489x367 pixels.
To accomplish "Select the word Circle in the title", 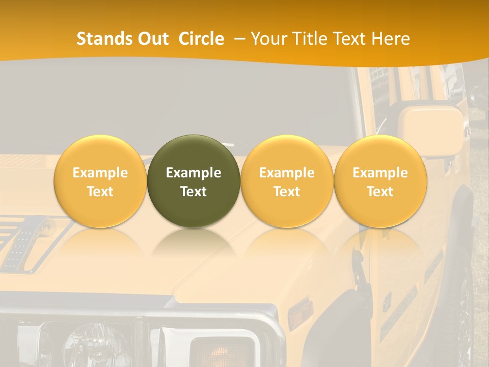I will point(201,39).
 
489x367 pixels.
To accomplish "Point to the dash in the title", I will point(239,39).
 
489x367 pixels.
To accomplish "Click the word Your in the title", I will point(267,39).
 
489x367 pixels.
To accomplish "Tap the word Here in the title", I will point(391,39).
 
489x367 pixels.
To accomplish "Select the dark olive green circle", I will point(194,181).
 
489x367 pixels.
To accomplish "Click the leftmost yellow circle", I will point(100,181).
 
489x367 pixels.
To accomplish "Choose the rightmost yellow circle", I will point(380,181).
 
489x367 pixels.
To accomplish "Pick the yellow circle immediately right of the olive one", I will point(287,181).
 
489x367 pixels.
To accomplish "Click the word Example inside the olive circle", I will point(194,173).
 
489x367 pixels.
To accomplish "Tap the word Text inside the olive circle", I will point(194,192).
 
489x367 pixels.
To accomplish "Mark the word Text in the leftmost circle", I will point(100,192).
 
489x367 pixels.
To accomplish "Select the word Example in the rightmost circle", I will point(380,173).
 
